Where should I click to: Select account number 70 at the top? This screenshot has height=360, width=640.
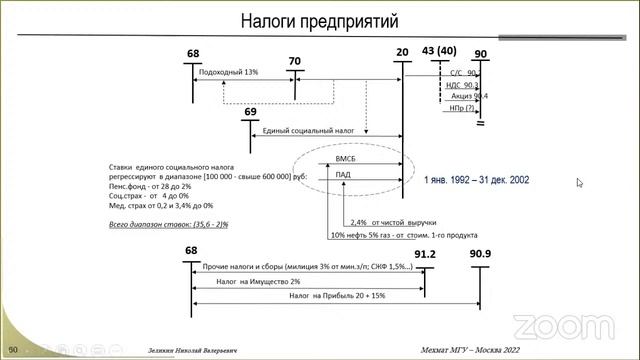(x=294, y=61)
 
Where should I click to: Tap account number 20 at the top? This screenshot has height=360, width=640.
(x=402, y=52)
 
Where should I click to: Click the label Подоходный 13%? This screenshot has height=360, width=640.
(x=229, y=72)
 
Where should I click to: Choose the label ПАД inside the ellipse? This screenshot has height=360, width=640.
(x=345, y=175)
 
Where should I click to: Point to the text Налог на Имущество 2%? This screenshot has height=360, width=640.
(x=246, y=282)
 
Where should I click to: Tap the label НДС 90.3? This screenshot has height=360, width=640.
(x=462, y=87)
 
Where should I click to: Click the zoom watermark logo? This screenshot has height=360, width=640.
(x=550, y=325)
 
